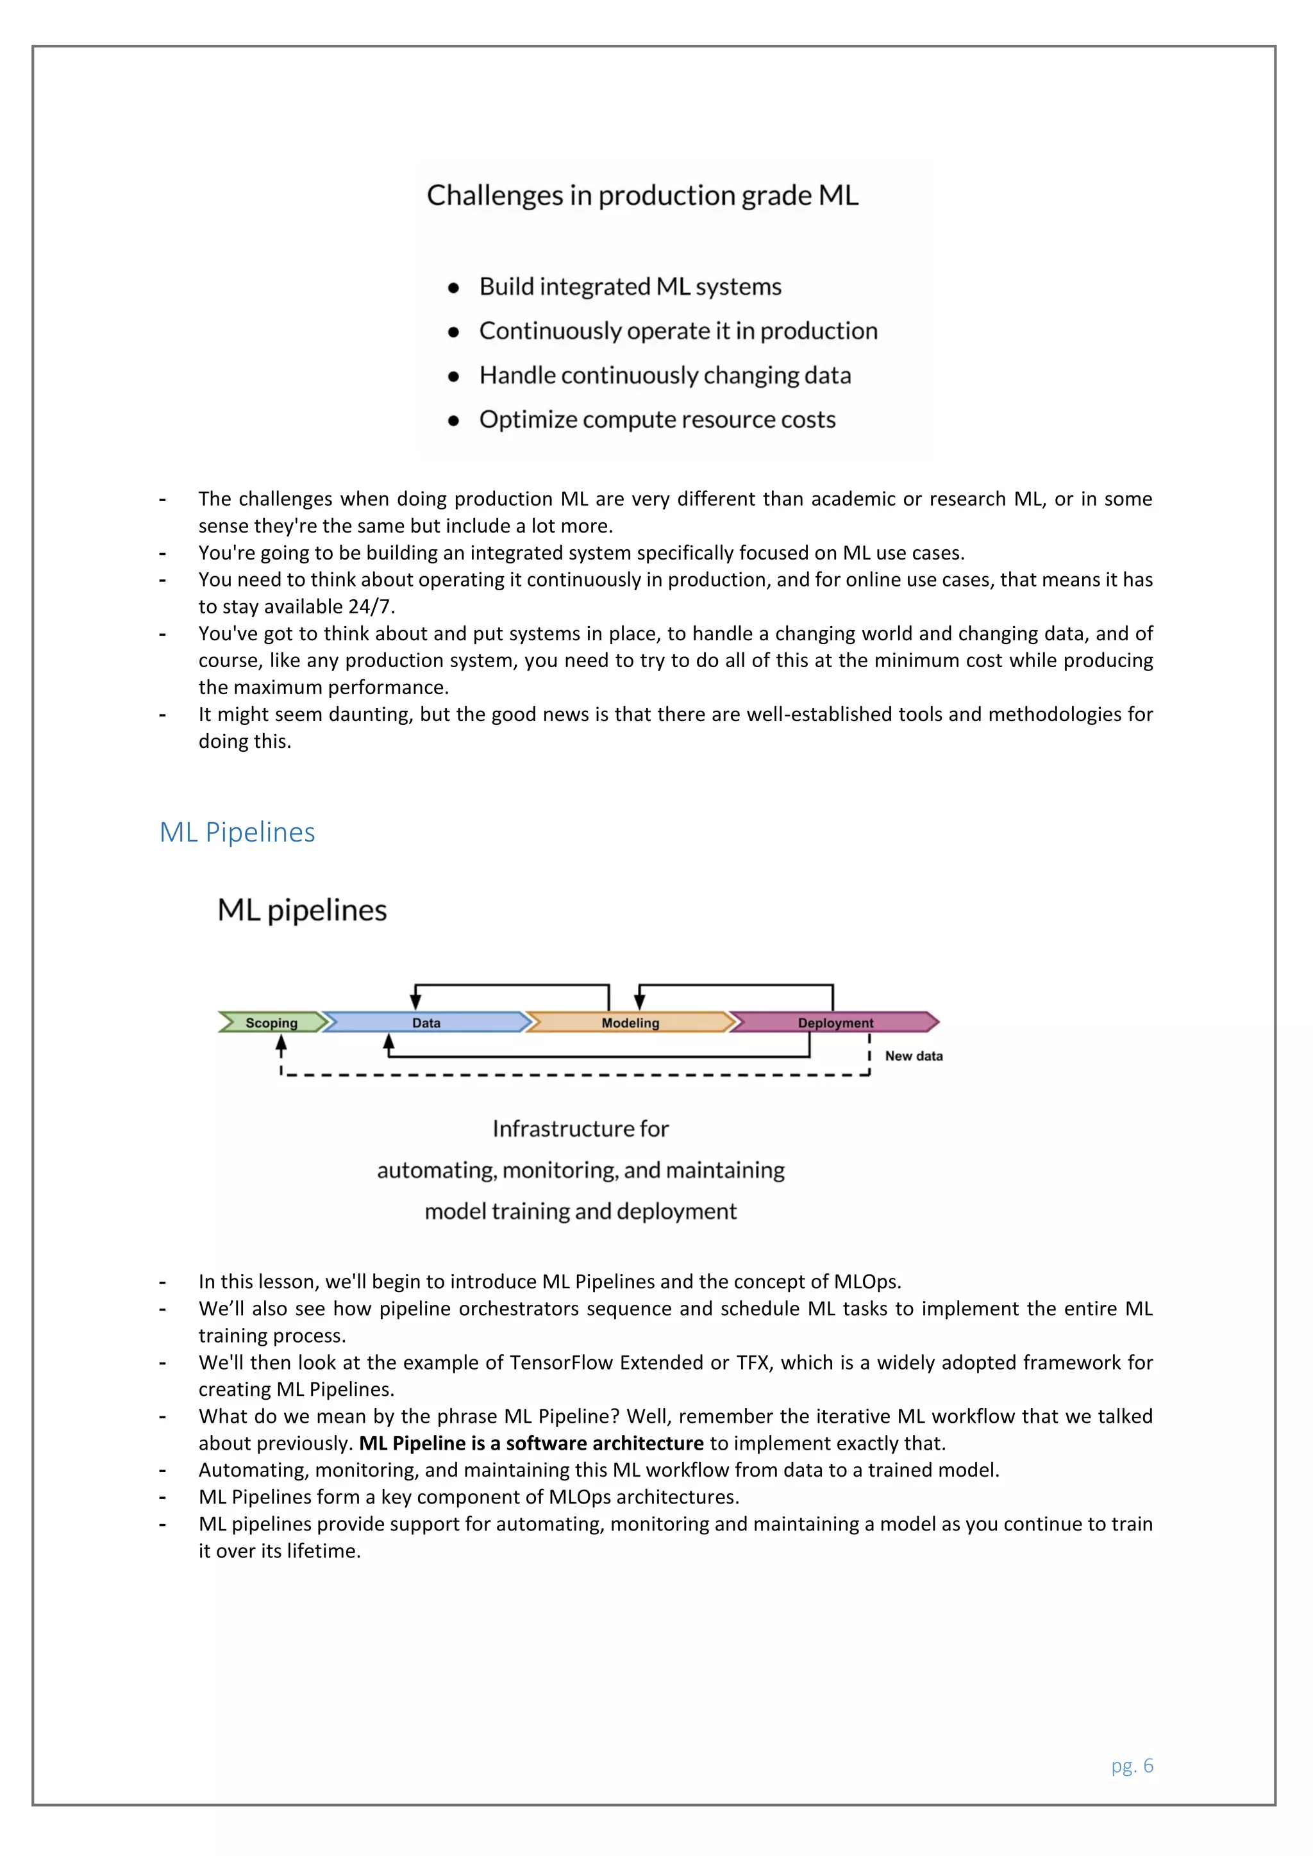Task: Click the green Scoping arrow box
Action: tap(272, 1023)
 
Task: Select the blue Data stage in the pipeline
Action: tap(426, 1023)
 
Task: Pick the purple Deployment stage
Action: tap(835, 1023)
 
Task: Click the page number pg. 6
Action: tap(1132, 1766)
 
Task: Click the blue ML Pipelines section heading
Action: tap(237, 832)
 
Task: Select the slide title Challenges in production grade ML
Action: tap(643, 195)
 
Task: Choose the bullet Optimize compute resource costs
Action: tap(657, 420)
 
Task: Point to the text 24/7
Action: tap(369, 606)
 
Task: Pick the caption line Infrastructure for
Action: tap(580, 1129)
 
